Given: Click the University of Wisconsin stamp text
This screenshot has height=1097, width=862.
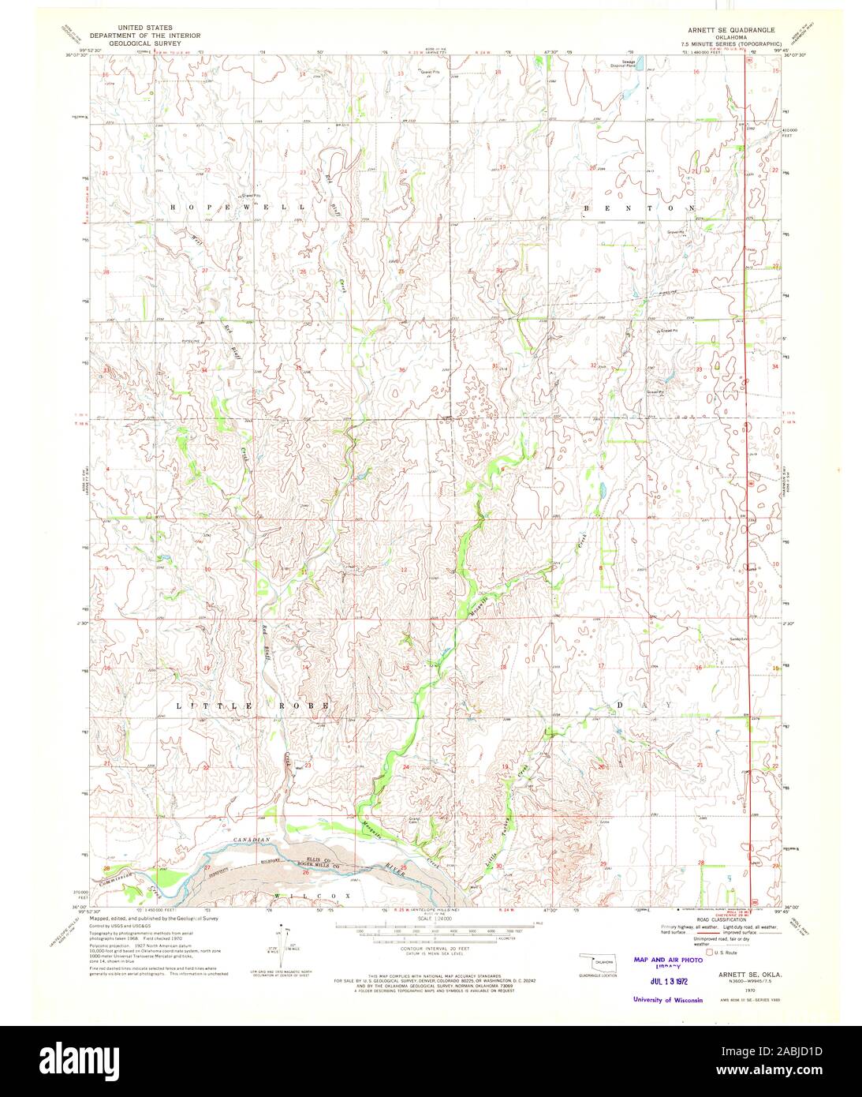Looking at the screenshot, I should coord(667,1000).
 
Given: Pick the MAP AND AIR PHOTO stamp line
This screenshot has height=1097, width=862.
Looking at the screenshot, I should coord(667,960).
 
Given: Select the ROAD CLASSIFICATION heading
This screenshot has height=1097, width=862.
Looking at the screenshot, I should coord(721,920).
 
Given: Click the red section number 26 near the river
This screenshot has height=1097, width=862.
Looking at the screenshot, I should coord(305,872).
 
